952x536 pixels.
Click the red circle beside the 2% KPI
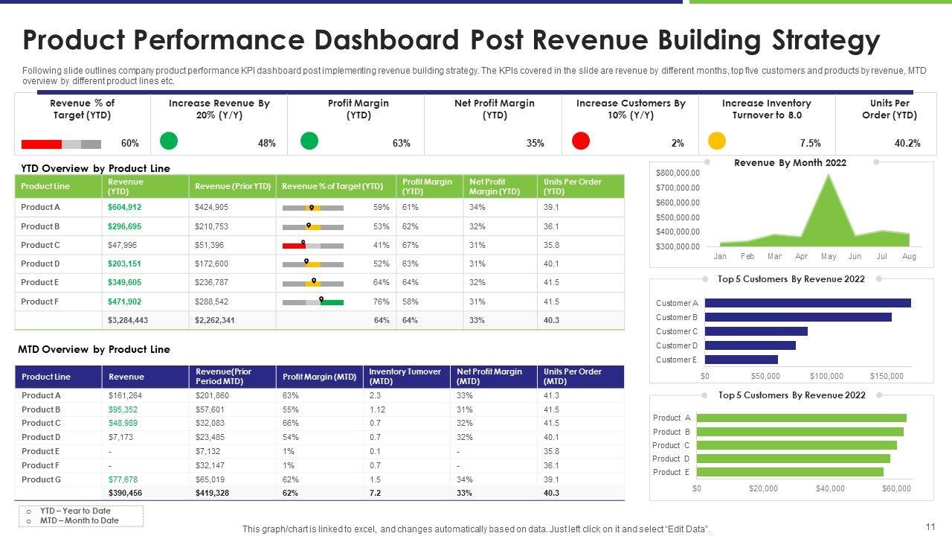(x=581, y=141)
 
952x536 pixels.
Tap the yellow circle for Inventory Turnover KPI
(x=717, y=141)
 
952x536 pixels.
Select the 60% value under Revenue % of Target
(x=129, y=143)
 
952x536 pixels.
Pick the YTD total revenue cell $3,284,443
(x=128, y=320)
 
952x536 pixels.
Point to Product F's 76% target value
(x=382, y=301)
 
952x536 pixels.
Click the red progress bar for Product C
(x=294, y=245)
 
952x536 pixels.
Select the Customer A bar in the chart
(x=807, y=303)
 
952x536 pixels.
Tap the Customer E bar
(x=741, y=360)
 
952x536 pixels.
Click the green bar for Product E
(x=789, y=472)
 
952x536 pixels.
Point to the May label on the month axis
(x=829, y=256)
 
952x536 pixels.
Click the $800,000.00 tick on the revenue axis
(x=678, y=173)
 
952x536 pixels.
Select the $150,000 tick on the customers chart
(x=887, y=376)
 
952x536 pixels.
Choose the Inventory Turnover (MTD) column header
(x=405, y=376)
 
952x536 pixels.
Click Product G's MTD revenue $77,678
(x=123, y=479)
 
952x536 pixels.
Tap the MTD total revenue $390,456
(x=125, y=493)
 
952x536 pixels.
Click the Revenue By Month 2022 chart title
(x=790, y=162)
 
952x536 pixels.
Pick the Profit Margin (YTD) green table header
(x=427, y=186)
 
